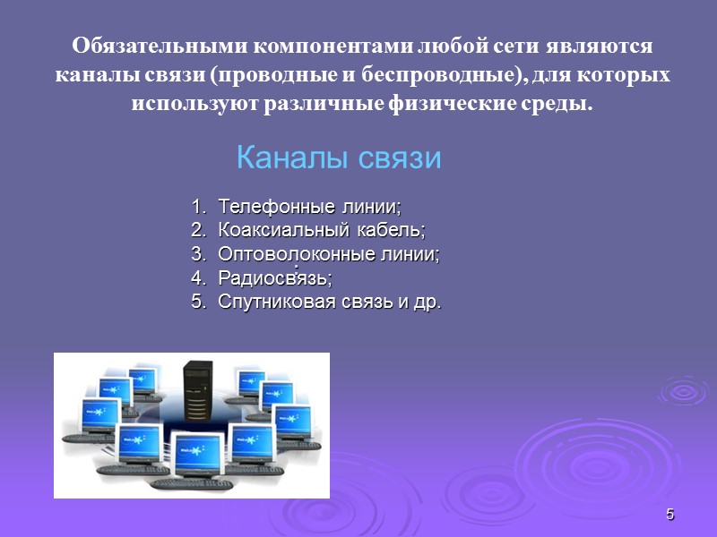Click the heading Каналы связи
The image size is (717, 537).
(339, 158)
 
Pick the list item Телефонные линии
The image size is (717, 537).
(309, 207)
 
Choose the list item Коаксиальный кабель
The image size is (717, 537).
(322, 230)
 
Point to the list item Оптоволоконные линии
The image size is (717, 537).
(329, 254)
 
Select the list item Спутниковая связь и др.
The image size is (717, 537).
(330, 302)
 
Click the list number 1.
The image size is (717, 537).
(197, 207)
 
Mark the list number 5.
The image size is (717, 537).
(197, 302)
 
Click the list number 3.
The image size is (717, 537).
(197, 254)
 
